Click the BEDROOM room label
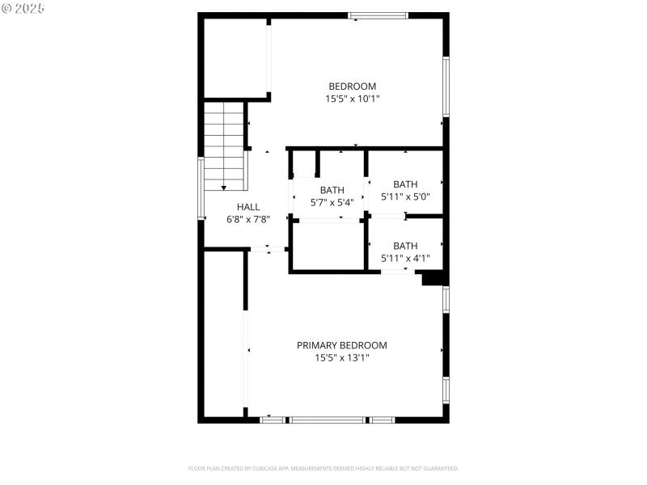pos(352,86)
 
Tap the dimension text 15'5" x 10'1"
pos(352,99)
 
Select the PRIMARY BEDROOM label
pos(341,345)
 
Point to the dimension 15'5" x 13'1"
pos(341,357)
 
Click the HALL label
pos(248,207)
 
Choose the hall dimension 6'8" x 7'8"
pos(248,219)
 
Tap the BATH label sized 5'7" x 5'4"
pos(332,190)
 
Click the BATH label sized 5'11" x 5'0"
pos(405,184)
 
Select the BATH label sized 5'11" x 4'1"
pos(405,247)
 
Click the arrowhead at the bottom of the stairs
pos(224,188)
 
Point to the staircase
pos(225,146)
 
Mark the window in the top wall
pos(378,15)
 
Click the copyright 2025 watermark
pos(23,8)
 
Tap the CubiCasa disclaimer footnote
pos(323,469)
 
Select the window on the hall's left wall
pos(201,188)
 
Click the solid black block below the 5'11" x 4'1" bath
pos(433,277)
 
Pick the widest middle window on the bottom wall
pos(328,420)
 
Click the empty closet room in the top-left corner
pos(235,58)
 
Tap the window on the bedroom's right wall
pos(446,86)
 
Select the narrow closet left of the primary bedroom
pos(224,334)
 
